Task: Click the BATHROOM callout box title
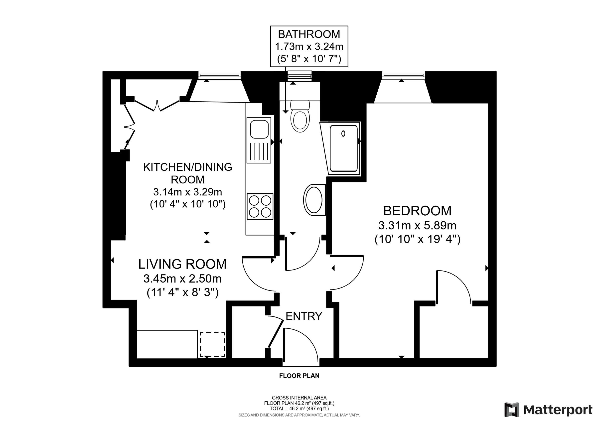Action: (309, 34)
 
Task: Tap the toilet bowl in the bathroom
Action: (300, 121)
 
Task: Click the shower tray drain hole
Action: (343, 134)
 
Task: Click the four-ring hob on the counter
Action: (260, 206)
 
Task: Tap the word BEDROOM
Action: (417, 211)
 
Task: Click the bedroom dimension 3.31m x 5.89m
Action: (417, 225)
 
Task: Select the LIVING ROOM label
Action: (182, 264)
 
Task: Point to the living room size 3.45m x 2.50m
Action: (182, 279)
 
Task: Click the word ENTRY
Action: (304, 316)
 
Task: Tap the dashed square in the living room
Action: (212, 344)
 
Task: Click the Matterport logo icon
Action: (512, 410)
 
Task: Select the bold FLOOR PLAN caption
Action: (299, 376)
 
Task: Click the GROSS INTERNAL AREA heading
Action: (299, 398)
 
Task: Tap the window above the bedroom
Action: (403, 75)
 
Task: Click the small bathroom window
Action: (299, 76)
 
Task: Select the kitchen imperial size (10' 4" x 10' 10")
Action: (188, 204)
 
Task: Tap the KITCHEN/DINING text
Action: (188, 167)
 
